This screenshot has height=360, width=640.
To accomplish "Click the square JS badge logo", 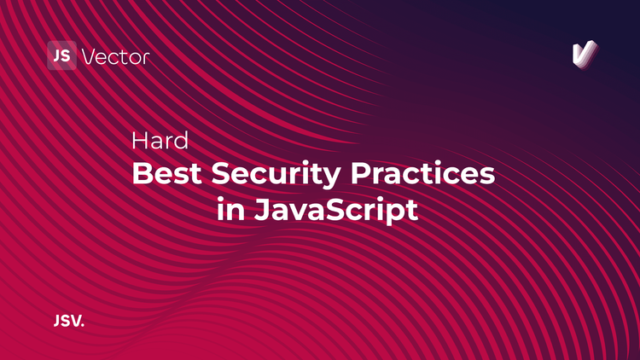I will pyautogui.click(x=61, y=56).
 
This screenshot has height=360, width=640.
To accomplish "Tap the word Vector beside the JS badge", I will pyautogui.click(x=115, y=57).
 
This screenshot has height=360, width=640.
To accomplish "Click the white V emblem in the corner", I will pyautogui.click(x=584, y=55).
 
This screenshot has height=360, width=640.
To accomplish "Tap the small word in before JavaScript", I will pyautogui.click(x=230, y=209).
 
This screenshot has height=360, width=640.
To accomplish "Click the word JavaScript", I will pyautogui.click(x=338, y=210).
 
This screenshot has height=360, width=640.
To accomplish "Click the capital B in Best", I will pyautogui.click(x=141, y=174).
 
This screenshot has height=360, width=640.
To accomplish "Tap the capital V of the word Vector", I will pyautogui.click(x=89, y=57).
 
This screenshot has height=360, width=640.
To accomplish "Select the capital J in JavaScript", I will pyautogui.click(x=262, y=209).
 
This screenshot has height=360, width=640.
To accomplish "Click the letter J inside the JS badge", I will pyautogui.click(x=57, y=56).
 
